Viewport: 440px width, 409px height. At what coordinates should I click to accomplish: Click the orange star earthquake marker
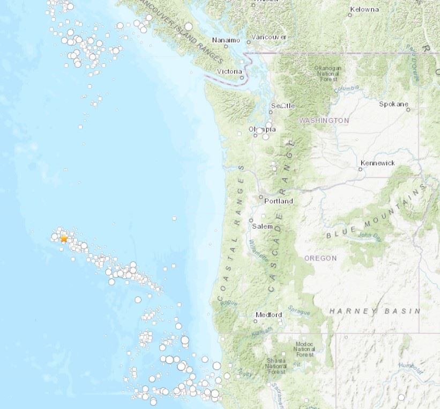point(64,239)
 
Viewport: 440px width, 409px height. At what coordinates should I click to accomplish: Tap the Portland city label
point(279,201)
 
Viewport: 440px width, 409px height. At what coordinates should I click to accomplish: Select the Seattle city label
point(282,106)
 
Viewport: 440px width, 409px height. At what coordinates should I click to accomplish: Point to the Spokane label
point(394,104)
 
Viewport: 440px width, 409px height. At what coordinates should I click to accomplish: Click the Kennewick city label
point(378,163)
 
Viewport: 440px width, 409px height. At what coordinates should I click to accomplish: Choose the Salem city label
point(263,227)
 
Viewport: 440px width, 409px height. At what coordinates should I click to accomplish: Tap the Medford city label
point(269,315)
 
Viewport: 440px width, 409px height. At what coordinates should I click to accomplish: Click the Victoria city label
point(229,71)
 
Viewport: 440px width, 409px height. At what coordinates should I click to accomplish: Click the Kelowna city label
point(364,9)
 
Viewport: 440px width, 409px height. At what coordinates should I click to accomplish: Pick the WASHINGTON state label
point(324,121)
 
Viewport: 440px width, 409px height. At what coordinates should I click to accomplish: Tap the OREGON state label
point(320,258)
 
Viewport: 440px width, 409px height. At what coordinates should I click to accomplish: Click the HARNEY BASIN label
point(375,311)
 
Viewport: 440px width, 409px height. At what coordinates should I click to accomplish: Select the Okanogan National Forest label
point(328,74)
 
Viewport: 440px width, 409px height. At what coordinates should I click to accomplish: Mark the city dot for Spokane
point(408,109)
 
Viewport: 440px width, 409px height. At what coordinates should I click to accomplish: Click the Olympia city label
point(263,129)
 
